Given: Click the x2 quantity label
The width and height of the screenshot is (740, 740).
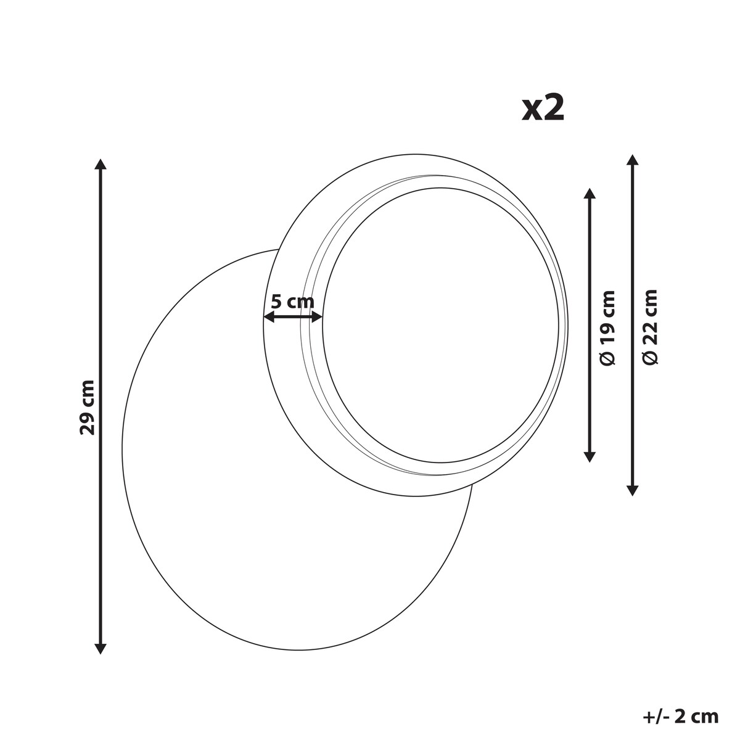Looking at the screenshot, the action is coord(543,109).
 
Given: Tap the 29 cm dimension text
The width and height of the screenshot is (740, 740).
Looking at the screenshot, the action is coord(87,407).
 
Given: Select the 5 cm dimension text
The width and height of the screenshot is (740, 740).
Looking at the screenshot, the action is coord(293,302).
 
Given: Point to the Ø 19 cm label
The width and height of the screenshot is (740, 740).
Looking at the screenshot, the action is coord(607,327).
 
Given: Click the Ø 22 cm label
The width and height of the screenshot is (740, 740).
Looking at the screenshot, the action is coord(650,327).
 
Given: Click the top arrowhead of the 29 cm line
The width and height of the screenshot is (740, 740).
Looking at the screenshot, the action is coord(101,164).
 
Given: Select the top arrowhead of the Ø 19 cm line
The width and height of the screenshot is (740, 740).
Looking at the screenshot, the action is coord(590,194).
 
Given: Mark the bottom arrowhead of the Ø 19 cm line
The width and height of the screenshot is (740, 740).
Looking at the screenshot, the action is coord(590,456).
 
